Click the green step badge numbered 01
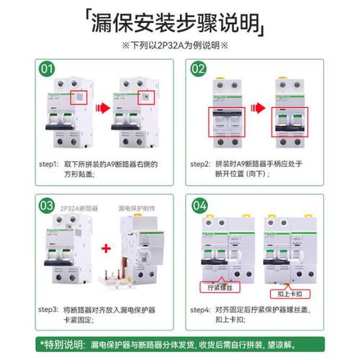(47, 69)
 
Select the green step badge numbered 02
(197, 69)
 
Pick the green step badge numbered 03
(47, 205)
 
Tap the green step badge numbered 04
(197, 205)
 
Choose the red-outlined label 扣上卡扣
(287, 295)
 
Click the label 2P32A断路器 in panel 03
(81, 207)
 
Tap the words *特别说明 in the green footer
(65, 346)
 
